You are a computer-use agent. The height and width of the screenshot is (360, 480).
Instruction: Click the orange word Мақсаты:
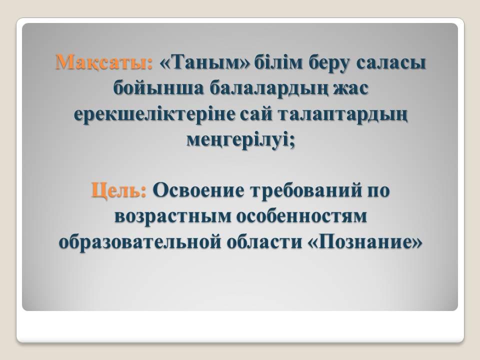(104, 62)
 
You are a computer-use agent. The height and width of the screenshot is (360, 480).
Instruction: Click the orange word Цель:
(119, 190)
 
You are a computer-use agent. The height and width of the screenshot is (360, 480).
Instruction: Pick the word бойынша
(158, 88)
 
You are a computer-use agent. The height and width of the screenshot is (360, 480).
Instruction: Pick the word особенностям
(302, 216)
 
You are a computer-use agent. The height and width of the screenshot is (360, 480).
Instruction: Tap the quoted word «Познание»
(364, 242)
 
